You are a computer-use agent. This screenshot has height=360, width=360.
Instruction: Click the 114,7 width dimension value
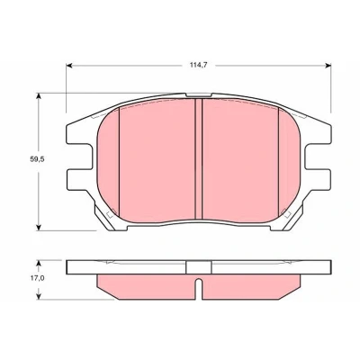199,65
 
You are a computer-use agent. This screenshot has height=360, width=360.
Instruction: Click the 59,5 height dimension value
37,159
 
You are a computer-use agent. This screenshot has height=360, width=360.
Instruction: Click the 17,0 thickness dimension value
37,278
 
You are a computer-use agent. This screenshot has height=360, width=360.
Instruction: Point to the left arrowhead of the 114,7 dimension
69,66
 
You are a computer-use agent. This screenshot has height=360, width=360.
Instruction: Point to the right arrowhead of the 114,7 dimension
328,66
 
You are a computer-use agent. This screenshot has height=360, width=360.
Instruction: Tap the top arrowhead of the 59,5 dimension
38,96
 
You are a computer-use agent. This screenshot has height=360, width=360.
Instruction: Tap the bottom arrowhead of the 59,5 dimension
38,227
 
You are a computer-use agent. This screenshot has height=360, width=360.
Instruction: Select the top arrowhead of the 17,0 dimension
38,264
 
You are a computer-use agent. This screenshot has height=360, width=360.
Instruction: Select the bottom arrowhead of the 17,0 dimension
38,296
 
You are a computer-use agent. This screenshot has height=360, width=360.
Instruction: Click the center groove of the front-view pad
199,159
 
